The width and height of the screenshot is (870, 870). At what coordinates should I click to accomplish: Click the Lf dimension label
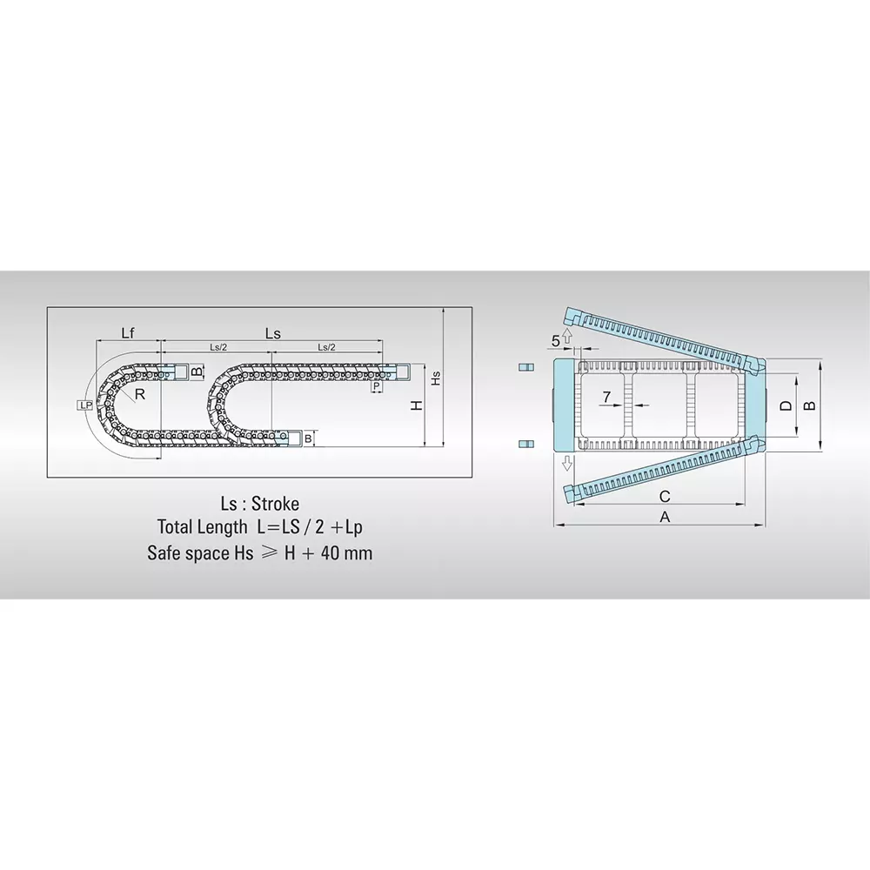coord(128,331)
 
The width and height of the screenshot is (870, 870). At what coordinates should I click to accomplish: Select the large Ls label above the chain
coord(271,331)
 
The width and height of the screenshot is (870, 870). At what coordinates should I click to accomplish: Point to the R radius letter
coord(140,394)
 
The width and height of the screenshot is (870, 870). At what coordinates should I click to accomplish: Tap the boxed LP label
coord(84,405)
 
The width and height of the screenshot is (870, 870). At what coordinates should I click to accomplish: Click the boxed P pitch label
coord(377,385)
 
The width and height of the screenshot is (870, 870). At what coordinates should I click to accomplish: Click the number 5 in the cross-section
coord(555,339)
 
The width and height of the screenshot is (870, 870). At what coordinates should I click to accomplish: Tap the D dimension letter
coord(786,405)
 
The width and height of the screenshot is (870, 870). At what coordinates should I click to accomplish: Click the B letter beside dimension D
coord(808,405)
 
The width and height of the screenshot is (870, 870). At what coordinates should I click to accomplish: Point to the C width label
coord(664,496)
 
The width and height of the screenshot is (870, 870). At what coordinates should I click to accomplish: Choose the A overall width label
coord(666,517)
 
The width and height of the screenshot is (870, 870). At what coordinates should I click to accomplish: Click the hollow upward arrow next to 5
coord(567,335)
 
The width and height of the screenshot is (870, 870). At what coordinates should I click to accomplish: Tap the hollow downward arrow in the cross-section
coord(567,461)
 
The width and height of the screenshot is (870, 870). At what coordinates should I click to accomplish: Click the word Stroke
coord(275,505)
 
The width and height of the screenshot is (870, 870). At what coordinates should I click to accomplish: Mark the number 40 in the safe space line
coord(331,552)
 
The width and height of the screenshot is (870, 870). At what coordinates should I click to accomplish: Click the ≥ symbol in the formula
coord(270,553)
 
